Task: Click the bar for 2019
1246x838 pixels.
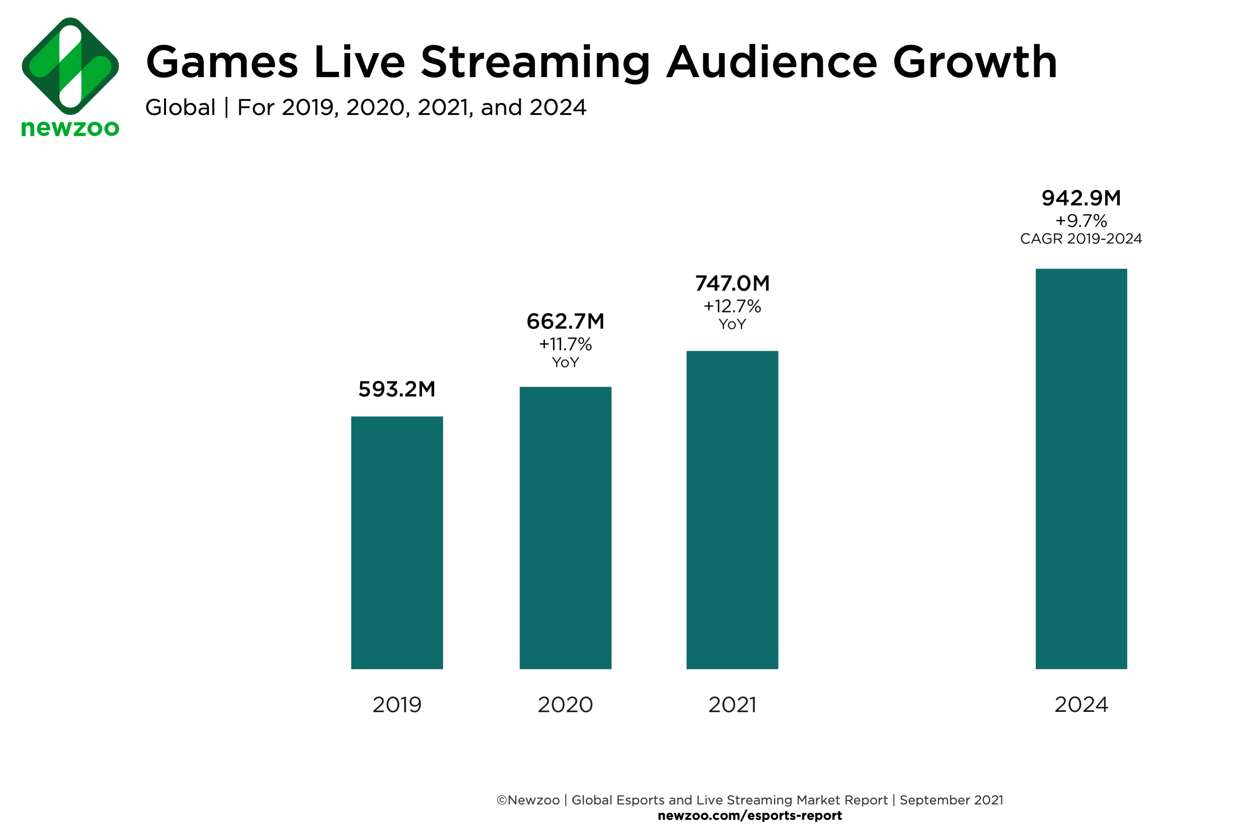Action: pyautogui.click(x=397, y=542)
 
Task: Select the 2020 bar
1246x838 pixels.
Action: pyautogui.click(x=565, y=527)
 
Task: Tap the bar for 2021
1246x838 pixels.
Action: pyautogui.click(x=732, y=510)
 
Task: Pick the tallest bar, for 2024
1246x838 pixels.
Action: pyautogui.click(x=1081, y=469)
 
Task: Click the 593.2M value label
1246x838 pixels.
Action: pyautogui.click(x=397, y=389)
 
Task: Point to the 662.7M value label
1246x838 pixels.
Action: pyautogui.click(x=565, y=321)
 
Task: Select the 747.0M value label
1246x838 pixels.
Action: pyautogui.click(x=732, y=283)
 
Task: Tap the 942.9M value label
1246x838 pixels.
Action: pyautogui.click(x=1081, y=198)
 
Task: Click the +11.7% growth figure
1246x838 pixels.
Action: pyautogui.click(x=565, y=344)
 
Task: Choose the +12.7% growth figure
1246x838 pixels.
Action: pyautogui.click(x=732, y=306)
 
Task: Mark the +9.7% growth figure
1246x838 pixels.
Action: pyautogui.click(x=1081, y=221)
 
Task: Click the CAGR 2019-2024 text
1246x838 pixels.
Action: pyautogui.click(x=1081, y=238)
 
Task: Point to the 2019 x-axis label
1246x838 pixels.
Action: pyautogui.click(x=397, y=705)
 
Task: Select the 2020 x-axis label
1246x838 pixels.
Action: pyautogui.click(x=565, y=705)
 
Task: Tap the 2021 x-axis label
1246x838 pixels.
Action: pyautogui.click(x=732, y=705)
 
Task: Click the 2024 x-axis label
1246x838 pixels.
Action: pyautogui.click(x=1081, y=705)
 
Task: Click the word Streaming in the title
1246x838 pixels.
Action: pyautogui.click(x=535, y=63)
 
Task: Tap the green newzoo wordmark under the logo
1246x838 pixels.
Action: pyautogui.click(x=70, y=128)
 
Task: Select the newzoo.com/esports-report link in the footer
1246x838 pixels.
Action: pyautogui.click(x=750, y=816)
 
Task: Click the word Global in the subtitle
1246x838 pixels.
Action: pyautogui.click(x=180, y=107)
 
